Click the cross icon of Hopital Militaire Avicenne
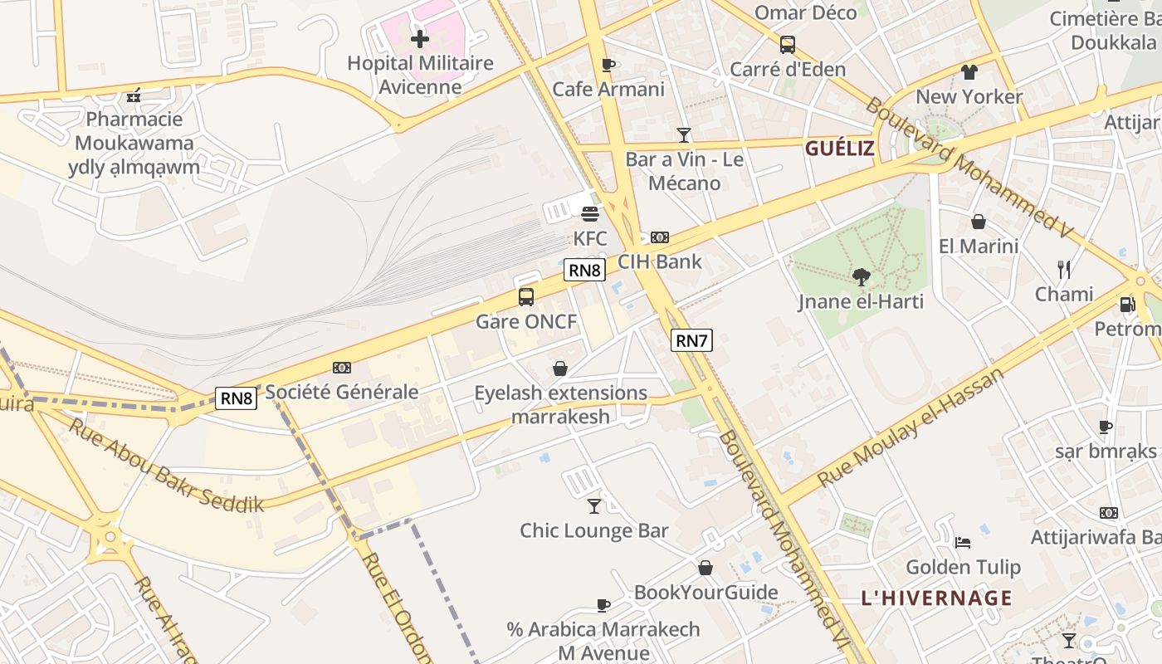420,38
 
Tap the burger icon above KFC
590,214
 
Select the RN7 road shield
691,340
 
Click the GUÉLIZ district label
840,149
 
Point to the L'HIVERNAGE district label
936,598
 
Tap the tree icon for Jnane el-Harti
862,277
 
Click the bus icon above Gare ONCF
526,297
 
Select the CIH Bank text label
660,261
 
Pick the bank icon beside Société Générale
342,368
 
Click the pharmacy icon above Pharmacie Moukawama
134,95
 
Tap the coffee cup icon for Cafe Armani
608,65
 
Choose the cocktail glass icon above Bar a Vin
684,134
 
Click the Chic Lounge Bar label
593,530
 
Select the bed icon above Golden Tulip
963,543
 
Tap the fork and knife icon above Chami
1064,269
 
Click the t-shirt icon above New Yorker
969,72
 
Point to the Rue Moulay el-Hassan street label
911,427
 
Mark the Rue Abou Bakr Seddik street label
166,465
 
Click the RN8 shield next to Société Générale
236,398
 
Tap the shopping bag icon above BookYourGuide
705,568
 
